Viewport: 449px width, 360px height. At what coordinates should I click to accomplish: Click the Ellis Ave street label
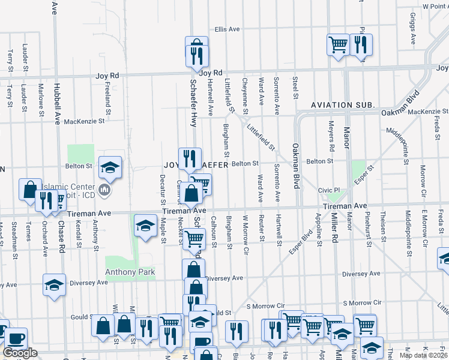pyautogui.click(x=228, y=29)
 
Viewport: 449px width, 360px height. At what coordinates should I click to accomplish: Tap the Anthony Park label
pyautogui.click(x=130, y=272)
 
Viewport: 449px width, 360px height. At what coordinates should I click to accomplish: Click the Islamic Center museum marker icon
pyautogui.click(x=104, y=191)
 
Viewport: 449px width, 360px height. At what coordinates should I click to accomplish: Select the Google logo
pyautogui.click(x=20, y=353)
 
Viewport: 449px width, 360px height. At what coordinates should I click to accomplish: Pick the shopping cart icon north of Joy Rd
pyautogui.click(x=338, y=44)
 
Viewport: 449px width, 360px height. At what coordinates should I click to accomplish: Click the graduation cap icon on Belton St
pyautogui.click(x=110, y=167)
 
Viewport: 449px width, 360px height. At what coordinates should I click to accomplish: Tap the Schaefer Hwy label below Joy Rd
pyautogui.click(x=193, y=95)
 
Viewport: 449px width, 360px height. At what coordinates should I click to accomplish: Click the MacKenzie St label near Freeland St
pyautogui.click(x=84, y=121)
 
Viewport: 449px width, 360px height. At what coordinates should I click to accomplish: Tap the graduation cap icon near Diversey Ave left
pyautogui.click(x=54, y=284)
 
